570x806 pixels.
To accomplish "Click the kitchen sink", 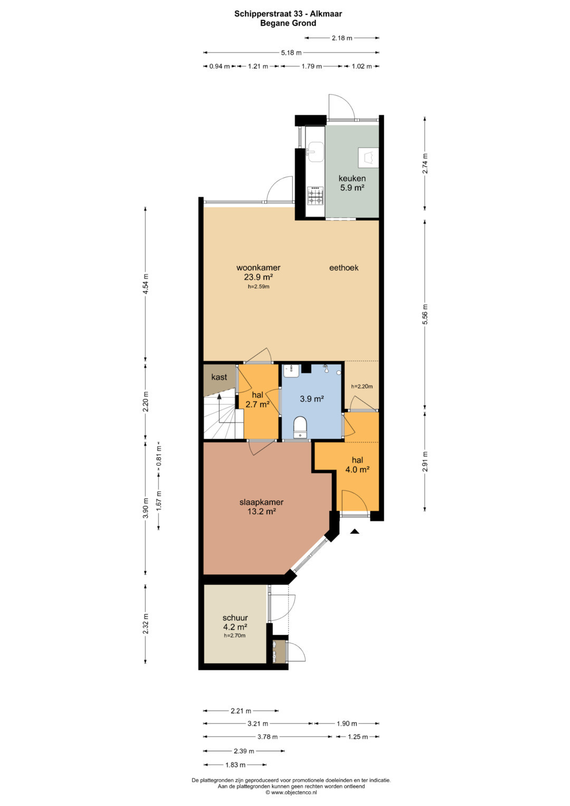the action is tap(316, 151).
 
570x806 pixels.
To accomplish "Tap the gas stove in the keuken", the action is tap(315, 196).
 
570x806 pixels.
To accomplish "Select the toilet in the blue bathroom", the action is tap(300, 427).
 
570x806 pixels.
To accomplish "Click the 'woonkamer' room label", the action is tap(259, 268).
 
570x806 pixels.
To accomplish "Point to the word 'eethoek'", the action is tap(344, 268).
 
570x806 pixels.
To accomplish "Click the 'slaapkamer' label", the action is tap(261, 502).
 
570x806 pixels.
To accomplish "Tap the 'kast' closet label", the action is tap(219, 377).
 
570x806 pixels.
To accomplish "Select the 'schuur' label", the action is tap(235, 618).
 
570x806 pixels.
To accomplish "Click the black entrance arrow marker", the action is tap(355, 531).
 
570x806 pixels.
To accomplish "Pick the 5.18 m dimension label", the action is tap(291, 53).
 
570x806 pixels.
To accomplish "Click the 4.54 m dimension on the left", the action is tap(146, 284).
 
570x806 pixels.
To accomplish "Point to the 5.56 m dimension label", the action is tap(425, 314).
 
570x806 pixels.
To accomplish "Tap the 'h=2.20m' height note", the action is tap(362, 386).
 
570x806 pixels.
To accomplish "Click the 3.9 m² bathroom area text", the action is tap(312, 399).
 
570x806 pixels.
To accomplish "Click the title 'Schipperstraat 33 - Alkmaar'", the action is tap(288, 14).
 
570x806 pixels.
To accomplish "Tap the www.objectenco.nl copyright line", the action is tap(291, 792).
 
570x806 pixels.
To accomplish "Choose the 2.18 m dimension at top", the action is tap(342, 38).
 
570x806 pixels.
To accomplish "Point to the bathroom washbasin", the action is tap(291, 371).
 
